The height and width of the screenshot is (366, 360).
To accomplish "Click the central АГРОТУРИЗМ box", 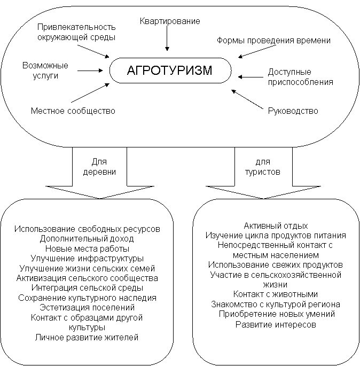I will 170,71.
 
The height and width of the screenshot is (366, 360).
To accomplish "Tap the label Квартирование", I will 170,21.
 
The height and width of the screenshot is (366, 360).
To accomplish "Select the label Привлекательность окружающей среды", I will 76,32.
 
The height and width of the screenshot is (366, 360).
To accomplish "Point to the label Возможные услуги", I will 45,71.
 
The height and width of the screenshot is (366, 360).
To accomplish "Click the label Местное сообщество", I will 73,111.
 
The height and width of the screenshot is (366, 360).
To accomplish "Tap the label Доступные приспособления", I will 293,77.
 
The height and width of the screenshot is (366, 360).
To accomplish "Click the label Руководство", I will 293,111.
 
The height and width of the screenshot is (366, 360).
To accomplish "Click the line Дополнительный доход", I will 87,238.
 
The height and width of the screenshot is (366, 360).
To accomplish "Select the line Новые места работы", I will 87,248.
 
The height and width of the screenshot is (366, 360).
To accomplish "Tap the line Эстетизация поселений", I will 87,307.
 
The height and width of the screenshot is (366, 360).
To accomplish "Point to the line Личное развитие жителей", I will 87,337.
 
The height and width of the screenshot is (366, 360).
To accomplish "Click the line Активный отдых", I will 276,225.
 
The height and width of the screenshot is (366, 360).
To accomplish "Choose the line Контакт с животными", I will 276,294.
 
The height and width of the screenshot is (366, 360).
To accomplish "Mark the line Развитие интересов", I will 276,324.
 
